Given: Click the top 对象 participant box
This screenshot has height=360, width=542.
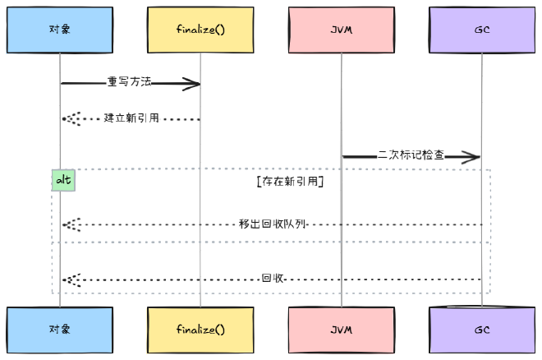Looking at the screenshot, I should [60, 30].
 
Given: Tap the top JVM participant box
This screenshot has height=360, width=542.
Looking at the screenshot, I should [342, 30].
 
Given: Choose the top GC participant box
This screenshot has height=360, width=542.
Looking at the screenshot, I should [482, 30].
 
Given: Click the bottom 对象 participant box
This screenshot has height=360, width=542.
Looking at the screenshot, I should [60, 330].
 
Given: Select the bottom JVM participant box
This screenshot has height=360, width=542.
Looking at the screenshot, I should [342, 330].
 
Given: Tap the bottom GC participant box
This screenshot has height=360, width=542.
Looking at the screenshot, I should [482, 330].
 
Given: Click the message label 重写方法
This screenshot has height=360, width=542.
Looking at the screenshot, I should [129, 82].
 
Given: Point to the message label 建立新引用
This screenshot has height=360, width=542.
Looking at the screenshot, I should [131, 118].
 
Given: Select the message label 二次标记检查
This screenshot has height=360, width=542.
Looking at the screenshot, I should [411, 155].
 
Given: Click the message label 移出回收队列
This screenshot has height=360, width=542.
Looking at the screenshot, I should [272, 224].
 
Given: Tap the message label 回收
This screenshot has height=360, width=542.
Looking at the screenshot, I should [272, 279].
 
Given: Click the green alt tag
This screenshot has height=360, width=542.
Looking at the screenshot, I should [63, 180].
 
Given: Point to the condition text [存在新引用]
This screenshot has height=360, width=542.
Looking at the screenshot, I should [289, 180].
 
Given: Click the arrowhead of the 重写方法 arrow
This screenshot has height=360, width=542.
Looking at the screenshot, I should [194, 83].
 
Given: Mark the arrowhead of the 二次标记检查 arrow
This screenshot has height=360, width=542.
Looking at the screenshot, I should [474, 156].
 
